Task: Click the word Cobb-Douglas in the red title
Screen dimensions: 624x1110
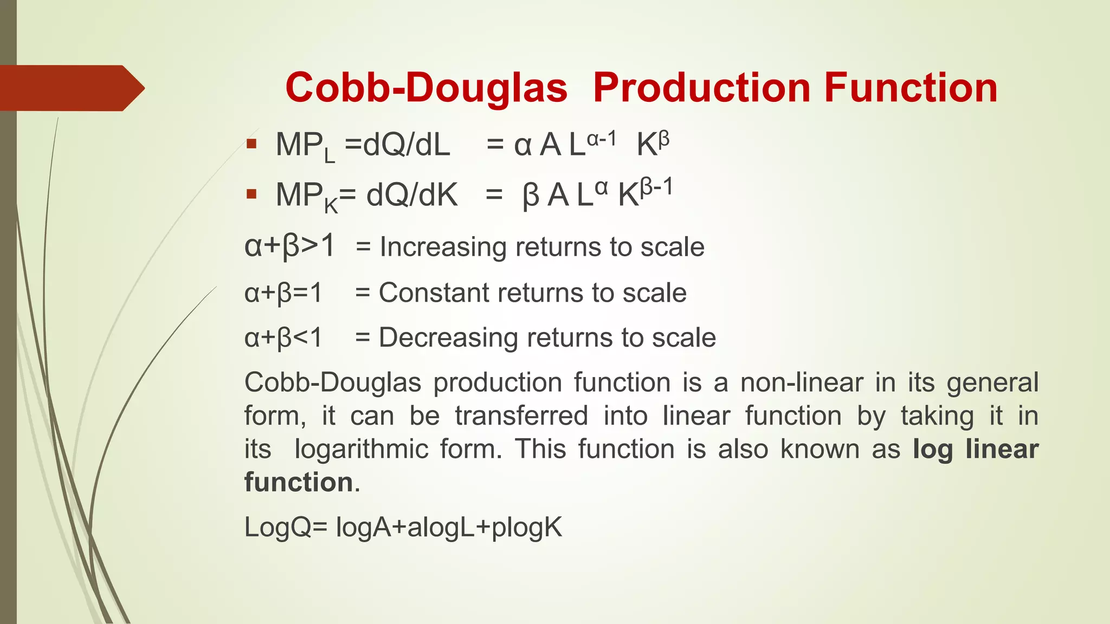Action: point(426,88)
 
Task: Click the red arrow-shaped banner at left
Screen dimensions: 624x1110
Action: point(70,88)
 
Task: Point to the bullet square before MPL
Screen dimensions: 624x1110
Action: point(251,144)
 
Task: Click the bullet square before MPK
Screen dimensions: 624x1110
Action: point(251,194)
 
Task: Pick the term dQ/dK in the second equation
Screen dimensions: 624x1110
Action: point(412,195)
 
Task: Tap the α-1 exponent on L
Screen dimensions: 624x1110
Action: point(602,139)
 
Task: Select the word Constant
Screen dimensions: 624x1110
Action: point(434,292)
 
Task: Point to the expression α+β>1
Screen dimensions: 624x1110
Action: point(290,246)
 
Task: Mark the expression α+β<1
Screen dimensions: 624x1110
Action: point(283,337)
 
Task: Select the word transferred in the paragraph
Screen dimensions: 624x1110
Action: point(521,416)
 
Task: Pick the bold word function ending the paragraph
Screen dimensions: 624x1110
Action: point(299,482)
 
